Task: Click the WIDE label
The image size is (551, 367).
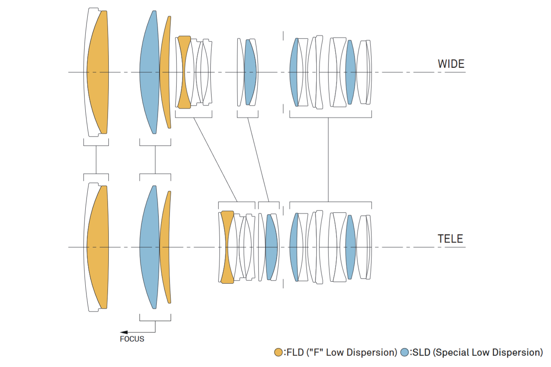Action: [451, 64]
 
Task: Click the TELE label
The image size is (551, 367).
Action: [450, 239]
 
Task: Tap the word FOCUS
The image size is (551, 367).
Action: [132, 339]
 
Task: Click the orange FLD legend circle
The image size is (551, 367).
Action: [278, 352]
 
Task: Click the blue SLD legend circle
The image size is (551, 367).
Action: [405, 352]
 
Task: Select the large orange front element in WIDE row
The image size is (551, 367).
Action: [98, 72]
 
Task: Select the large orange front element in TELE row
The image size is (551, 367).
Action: [98, 247]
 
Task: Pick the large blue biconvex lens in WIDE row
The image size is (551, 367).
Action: [149, 72]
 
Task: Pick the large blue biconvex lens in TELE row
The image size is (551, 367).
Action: [149, 247]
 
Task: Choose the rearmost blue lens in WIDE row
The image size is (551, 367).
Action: [351, 72]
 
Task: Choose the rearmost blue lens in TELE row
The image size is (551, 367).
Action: [351, 247]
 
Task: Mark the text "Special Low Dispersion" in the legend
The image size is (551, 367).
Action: [487, 352]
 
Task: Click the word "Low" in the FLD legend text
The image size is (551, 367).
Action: [335, 352]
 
